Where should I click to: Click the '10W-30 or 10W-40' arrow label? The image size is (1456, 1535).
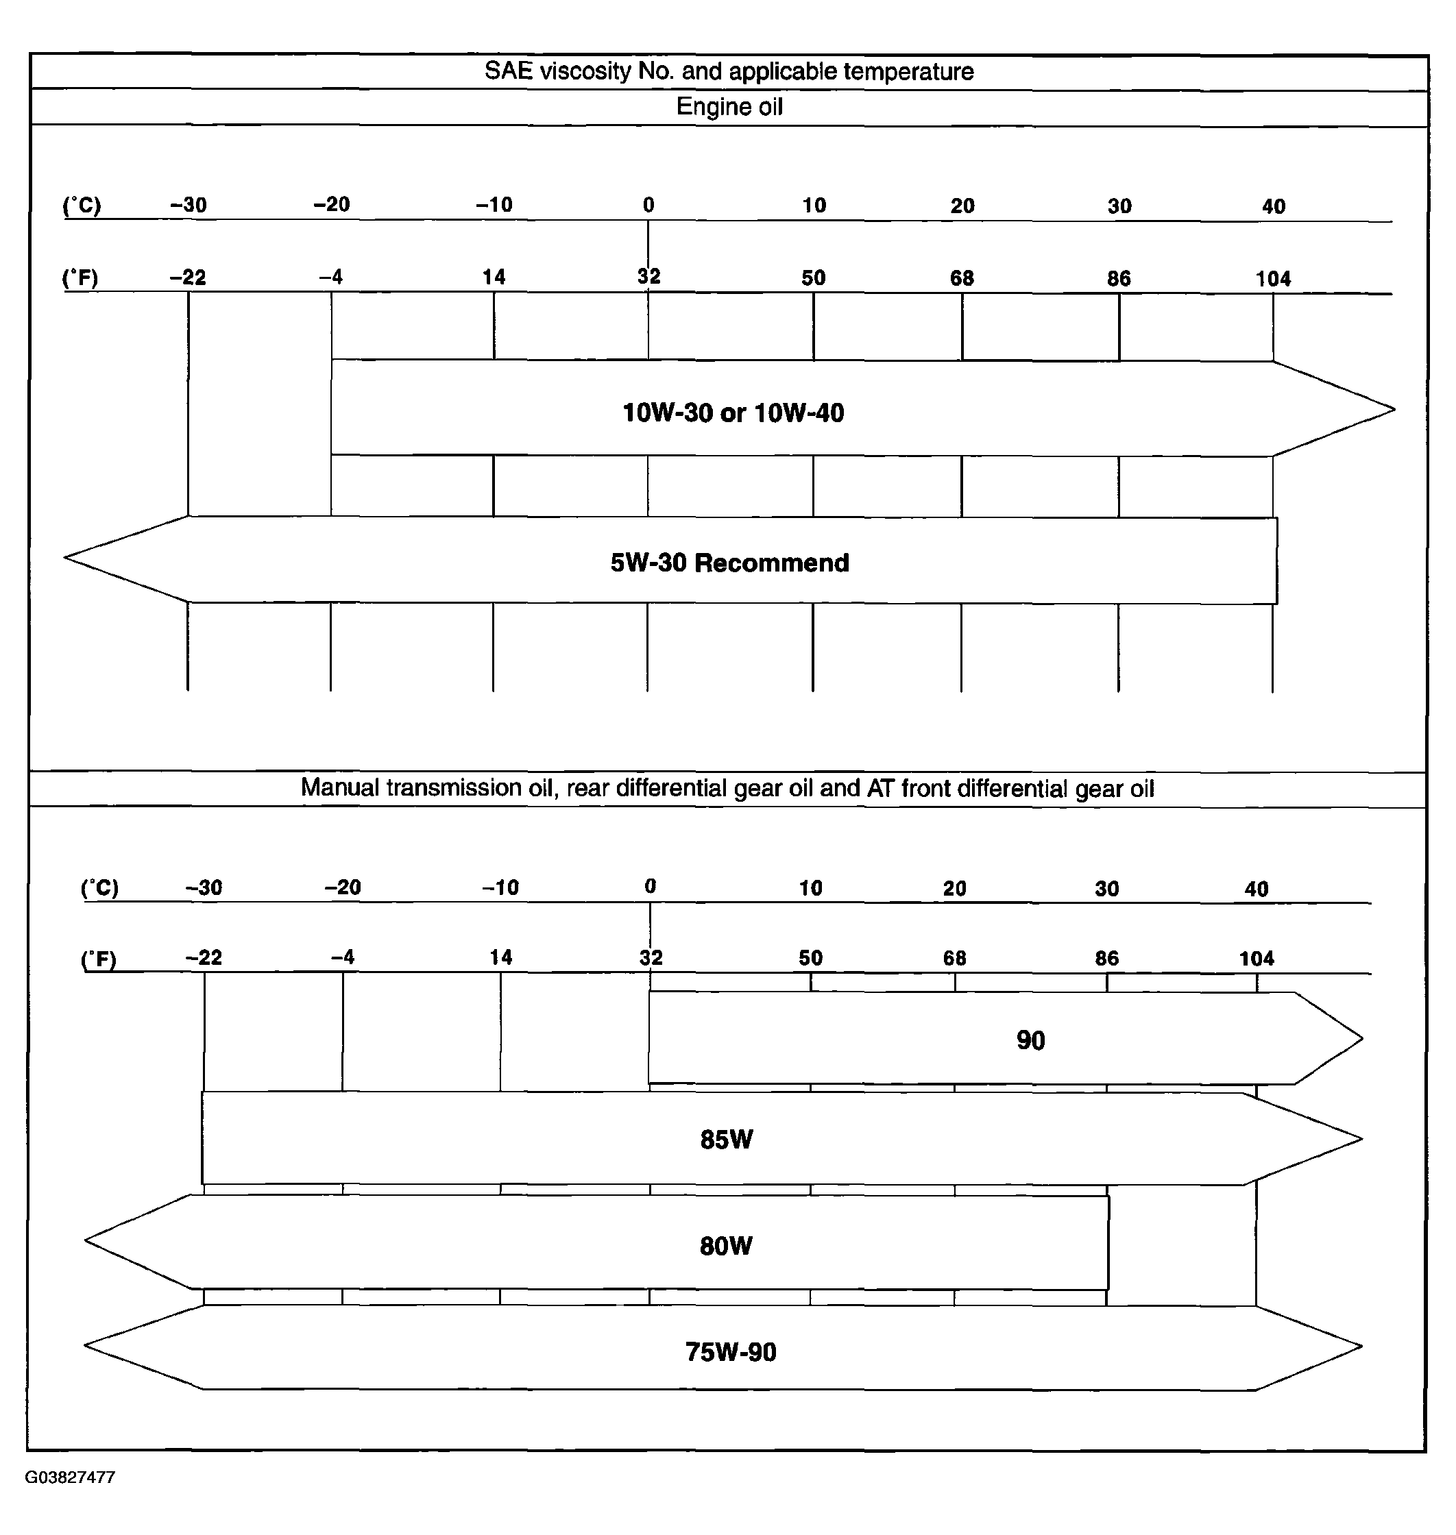click(x=733, y=412)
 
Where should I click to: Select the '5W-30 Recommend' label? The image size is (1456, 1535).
click(x=729, y=562)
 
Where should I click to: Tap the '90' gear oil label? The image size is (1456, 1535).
click(x=1031, y=1040)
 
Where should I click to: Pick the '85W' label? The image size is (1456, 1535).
click(x=727, y=1139)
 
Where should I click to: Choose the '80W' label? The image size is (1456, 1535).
click(x=726, y=1246)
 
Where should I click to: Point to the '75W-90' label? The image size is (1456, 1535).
click(x=730, y=1352)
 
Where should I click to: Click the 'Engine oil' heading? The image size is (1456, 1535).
click(x=729, y=106)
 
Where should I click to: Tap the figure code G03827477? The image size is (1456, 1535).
click(x=70, y=1477)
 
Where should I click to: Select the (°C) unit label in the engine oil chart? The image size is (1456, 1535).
click(x=82, y=206)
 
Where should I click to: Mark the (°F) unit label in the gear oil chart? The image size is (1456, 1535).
click(x=99, y=959)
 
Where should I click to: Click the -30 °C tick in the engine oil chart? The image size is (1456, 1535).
click(x=189, y=205)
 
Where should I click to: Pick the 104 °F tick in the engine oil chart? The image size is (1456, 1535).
click(x=1273, y=279)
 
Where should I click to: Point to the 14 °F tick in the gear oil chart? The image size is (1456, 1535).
click(x=500, y=957)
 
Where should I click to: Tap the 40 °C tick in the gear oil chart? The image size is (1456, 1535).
click(x=1256, y=889)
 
